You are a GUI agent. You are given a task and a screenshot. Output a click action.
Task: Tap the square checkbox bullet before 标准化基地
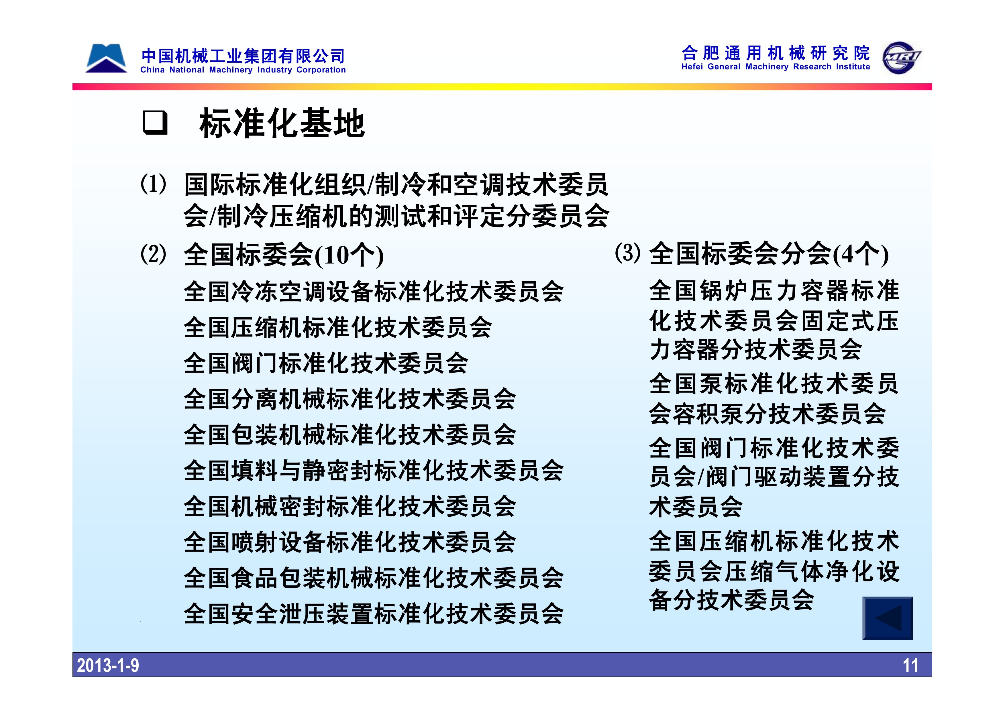pyautogui.click(x=155, y=123)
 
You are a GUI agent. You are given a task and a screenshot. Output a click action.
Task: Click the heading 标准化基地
pyautogui.click(x=282, y=123)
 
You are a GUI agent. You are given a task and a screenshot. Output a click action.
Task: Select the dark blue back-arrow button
pyautogui.click(x=888, y=618)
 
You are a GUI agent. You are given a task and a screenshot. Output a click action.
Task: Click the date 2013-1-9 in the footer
pyautogui.click(x=108, y=665)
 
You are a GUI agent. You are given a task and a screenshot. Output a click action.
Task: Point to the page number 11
pyautogui.click(x=910, y=665)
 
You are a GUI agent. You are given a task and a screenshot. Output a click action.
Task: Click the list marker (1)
pyautogui.click(x=153, y=184)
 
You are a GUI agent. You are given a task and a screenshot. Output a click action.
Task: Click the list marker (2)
pyautogui.click(x=153, y=254)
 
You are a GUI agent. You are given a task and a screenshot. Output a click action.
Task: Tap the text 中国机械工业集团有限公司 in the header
pyautogui.click(x=243, y=56)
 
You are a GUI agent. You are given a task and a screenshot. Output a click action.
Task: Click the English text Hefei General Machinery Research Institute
pyautogui.click(x=776, y=67)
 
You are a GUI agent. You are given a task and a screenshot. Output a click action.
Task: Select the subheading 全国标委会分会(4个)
pyautogui.click(x=769, y=254)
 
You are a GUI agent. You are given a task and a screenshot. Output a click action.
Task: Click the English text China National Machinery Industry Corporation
pyautogui.click(x=243, y=70)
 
